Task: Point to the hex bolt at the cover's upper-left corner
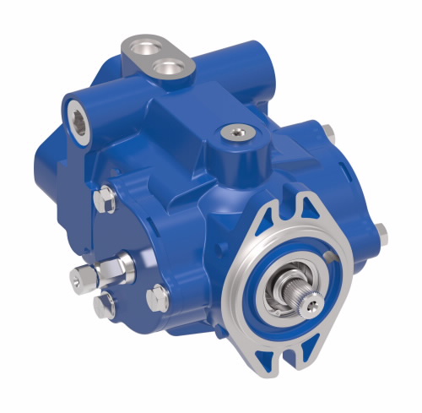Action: pyautogui.click(x=104, y=198)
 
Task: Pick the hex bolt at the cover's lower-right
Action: pyautogui.click(x=157, y=295)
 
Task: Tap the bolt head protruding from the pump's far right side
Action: pyautogui.click(x=379, y=229)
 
